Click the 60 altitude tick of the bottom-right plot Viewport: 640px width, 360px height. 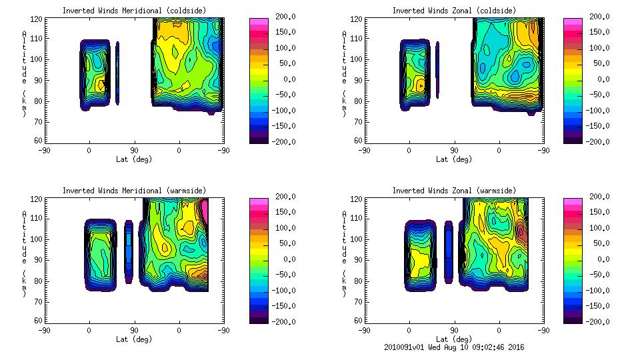[354, 321]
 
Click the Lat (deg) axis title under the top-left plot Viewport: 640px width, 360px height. [133, 159]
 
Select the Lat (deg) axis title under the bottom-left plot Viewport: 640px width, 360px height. [133, 339]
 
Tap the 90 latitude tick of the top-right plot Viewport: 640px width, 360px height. [454, 151]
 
